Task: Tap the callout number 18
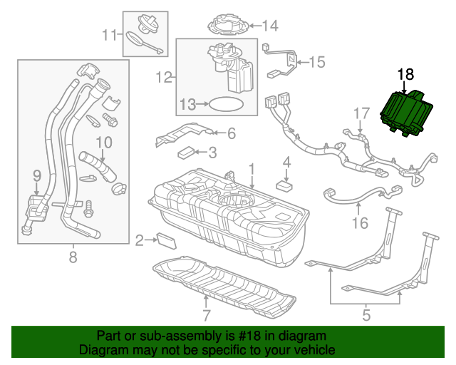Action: point(405,74)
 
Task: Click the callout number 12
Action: point(163,76)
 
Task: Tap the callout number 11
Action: point(109,34)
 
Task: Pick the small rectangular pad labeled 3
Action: point(187,151)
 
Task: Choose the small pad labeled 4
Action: point(286,185)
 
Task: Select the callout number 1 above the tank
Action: point(251,168)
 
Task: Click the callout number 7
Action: point(205,315)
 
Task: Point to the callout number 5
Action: point(366,311)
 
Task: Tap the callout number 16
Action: point(360,223)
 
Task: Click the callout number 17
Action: point(362,113)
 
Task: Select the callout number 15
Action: point(316,63)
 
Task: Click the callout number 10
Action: point(104,143)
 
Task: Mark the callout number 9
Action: point(37,175)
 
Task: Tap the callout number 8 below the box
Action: point(73,257)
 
